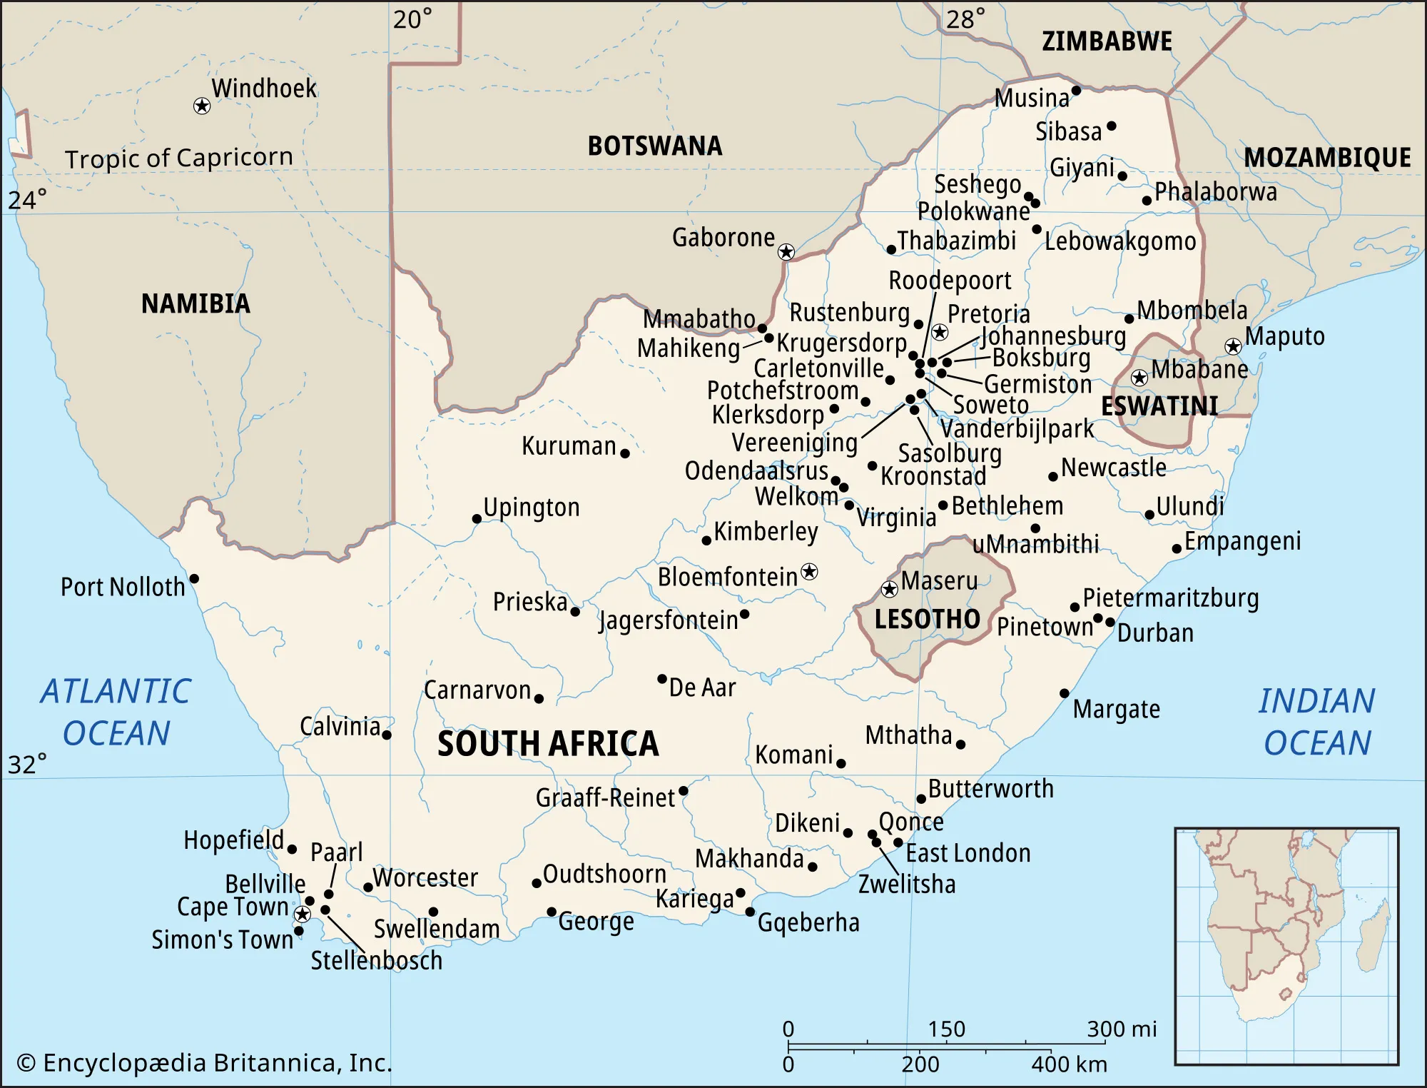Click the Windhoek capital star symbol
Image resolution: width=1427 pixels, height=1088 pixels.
click(x=202, y=106)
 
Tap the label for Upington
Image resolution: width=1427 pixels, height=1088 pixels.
click(x=532, y=508)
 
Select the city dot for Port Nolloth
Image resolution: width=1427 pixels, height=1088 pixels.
click(x=194, y=578)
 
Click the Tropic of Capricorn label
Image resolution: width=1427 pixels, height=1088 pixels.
click(x=179, y=158)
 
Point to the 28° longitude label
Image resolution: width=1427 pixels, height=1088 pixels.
click(x=966, y=19)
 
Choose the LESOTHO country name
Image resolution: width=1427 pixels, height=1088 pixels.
click(x=928, y=619)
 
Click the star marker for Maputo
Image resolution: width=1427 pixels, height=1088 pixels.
click(x=1233, y=347)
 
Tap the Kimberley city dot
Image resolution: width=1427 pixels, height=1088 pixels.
click(x=706, y=541)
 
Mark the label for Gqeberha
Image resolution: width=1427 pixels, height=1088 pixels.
click(x=808, y=923)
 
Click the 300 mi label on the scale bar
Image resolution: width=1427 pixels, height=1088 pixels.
click(x=1122, y=1029)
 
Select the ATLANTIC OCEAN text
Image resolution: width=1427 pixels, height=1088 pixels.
click(x=116, y=712)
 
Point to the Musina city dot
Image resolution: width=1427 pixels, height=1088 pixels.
click(x=1077, y=91)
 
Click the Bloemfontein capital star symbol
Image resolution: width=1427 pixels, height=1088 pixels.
click(x=809, y=572)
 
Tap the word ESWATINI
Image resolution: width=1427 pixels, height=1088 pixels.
click(x=1159, y=406)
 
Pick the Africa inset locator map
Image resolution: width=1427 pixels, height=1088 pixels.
click(x=1286, y=946)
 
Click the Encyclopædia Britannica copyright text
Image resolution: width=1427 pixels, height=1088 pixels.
click(x=205, y=1063)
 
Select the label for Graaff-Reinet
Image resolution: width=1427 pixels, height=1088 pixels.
click(x=605, y=797)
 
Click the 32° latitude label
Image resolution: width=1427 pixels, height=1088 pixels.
click(x=27, y=765)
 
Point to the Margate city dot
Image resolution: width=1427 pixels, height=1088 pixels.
click(x=1065, y=693)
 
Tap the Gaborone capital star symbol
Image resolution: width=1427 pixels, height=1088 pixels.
click(x=786, y=252)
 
